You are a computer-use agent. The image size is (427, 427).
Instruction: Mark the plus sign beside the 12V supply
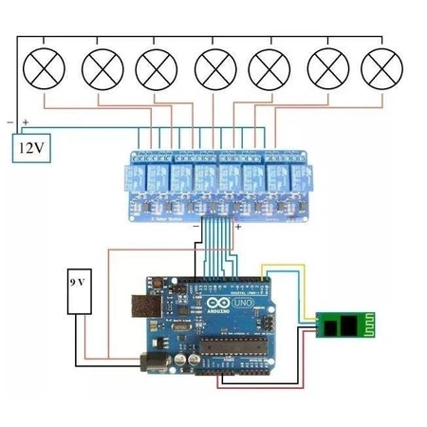click(26, 122)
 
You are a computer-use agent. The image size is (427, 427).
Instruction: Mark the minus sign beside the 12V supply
click(9, 122)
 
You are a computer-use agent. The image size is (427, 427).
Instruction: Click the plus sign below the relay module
click(238, 228)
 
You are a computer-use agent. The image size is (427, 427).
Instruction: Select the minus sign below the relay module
click(194, 228)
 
